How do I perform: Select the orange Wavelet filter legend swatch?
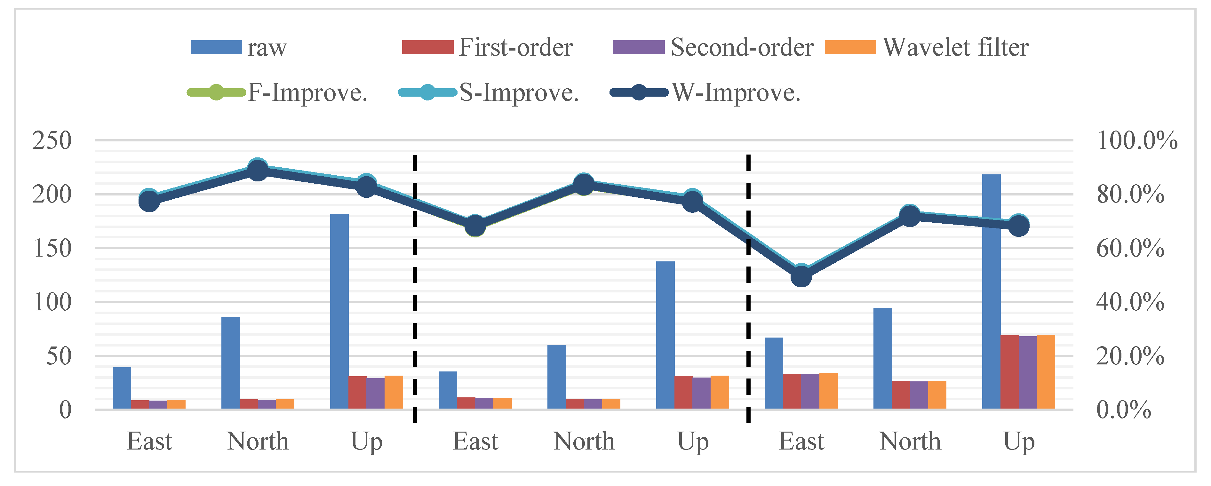(850, 47)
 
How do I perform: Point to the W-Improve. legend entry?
(736, 92)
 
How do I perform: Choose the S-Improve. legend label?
(519, 92)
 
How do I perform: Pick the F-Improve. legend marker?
(216, 92)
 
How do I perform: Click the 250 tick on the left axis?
(52, 140)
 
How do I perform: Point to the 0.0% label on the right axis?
(1124, 410)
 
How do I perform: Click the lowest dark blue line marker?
(801, 276)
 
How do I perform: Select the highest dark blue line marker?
(258, 170)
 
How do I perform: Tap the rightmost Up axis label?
(1019, 442)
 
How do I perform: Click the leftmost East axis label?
(149, 442)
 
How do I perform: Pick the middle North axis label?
(584, 442)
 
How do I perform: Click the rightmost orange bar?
(1046, 372)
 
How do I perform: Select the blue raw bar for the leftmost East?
(122, 388)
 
